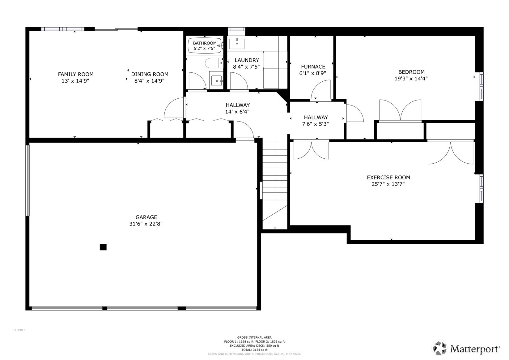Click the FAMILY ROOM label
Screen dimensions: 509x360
pyautogui.click(x=76, y=74)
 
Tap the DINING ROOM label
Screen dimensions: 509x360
pyautogui.click(x=150, y=74)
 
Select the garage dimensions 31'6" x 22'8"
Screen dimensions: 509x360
pyautogui.click(x=146, y=224)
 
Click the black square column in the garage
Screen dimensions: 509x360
pyautogui.click(x=103, y=247)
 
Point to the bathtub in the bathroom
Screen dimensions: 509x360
pyautogui.click(x=205, y=45)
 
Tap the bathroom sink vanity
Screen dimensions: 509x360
pyautogui.click(x=216, y=81)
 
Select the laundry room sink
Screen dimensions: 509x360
pyautogui.click(x=236, y=44)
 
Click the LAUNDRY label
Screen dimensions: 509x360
pyautogui.click(x=247, y=60)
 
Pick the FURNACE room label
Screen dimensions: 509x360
pyautogui.click(x=313, y=66)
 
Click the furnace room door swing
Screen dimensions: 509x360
pyautogui.click(x=320, y=89)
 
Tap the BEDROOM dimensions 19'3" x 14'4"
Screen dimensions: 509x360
pyautogui.click(x=411, y=79)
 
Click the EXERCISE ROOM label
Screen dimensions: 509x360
pyautogui.click(x=388, y=178)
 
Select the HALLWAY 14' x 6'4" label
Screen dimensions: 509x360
pyautogui.click(x=237, y=108)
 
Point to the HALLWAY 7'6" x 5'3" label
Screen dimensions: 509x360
pyautogui.click(x=316, y=121)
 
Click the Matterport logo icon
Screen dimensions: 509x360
pyautogui.click(x=439, y=348)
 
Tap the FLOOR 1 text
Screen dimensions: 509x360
pyautogui.click(x=19, y=330)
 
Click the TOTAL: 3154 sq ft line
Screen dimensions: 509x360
pyautogui.click(x=255, y=350)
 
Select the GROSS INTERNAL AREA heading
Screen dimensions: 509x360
pyautogui.click(x=255, y=337)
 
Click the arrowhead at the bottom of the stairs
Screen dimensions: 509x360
pyautogui.click(x=275, y=228)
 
